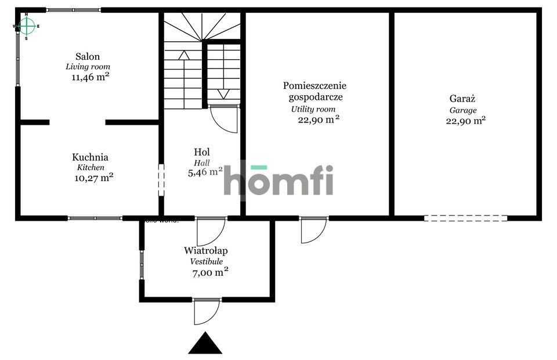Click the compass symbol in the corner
coord(26,26)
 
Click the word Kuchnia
coord(90,157)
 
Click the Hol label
coord(202,152)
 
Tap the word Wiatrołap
coord(205,251)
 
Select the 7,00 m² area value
coord(209,272)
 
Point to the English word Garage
coord(463,110)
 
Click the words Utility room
coord(313,109)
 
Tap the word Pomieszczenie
coord(315,85)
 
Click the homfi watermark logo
coord(278,180)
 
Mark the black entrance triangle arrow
coord(205,343)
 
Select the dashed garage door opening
coord(465,218)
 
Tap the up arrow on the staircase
coord(184,55)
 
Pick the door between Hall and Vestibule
coord(210,231)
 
